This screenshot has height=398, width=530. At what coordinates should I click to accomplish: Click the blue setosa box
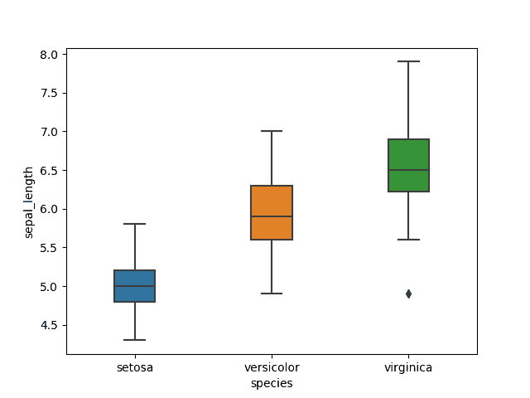coord(134,278)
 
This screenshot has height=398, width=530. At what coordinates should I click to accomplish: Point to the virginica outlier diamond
coord(408,294)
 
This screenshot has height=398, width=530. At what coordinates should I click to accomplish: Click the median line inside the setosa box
coord(134,286)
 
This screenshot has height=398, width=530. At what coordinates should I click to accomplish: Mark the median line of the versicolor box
coord(272,216)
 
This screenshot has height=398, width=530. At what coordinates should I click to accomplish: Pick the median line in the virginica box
coord(408,170)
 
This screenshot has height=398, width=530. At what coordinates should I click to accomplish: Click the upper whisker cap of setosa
coord(134,224)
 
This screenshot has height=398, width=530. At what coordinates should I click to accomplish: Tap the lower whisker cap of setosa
coord(134,340)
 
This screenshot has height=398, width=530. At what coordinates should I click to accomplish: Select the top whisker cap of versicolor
coord(272,131)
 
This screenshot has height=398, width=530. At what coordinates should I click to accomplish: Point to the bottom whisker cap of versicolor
coord(272,294)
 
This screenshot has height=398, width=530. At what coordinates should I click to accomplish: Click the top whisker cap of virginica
coord(408,61)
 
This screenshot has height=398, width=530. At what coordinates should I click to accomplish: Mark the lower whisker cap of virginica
coord(408,240)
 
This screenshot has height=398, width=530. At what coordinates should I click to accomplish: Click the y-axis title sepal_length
coord(29,202)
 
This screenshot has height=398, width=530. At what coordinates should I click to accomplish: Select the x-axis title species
coord(272,383)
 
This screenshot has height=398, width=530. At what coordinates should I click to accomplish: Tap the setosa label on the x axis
coord(134,367)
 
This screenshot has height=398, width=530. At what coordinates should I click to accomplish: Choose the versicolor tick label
coord(272,367)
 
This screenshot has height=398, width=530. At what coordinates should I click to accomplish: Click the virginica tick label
coord(408,367)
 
